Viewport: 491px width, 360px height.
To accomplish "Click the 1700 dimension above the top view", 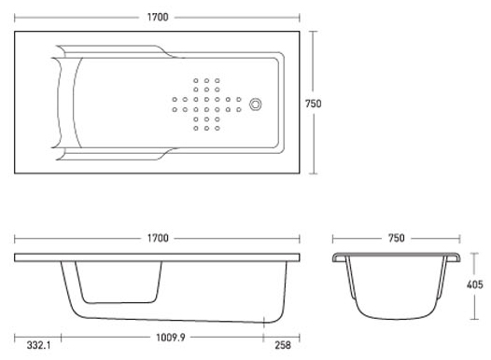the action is click(x=158, y=17).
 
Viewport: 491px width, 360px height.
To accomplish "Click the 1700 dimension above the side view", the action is click(x=158, y=239).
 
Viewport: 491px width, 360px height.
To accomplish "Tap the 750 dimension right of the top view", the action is click(x=313, y=104).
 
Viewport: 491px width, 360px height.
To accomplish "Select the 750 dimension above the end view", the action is click(x=397, y=239).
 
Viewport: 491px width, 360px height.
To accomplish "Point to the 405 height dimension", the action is click(x=475, y=284).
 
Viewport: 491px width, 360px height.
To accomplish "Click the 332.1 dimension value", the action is click(x=39, y=345).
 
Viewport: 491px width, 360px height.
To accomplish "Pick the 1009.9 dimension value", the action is click(x=171, y=338).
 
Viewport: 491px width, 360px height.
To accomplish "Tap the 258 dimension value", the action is click(x=283, y=345).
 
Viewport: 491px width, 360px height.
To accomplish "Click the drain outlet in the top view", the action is click(x=256, y=104).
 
